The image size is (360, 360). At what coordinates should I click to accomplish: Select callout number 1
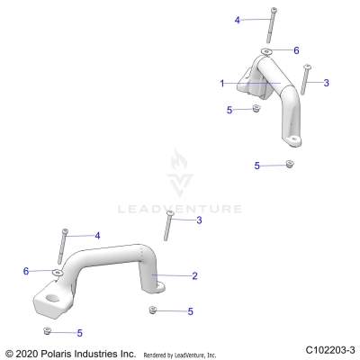pyautogui.click(x=221, y=83)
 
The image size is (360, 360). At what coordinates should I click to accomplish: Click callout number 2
pyautogui.click(x=194, y=275)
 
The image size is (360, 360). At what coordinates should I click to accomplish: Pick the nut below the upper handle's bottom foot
pyautogui.click(x=289, y=164)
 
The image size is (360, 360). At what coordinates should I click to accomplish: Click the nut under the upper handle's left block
pyautogui.click(x=256, y=109)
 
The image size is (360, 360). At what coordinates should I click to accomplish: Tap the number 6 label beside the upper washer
pyautogui.click(x=296, y=50)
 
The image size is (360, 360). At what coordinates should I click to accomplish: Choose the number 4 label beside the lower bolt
pyautogui.click(x=97, y=235)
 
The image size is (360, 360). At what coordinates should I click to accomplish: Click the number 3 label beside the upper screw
pyautogui.click(x=326, y=82)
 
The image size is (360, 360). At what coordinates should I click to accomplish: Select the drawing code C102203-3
pyautogui.click(x=330, y=348)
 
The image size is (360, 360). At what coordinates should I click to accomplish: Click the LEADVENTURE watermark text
pyautogui.click(x=180, y=208)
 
